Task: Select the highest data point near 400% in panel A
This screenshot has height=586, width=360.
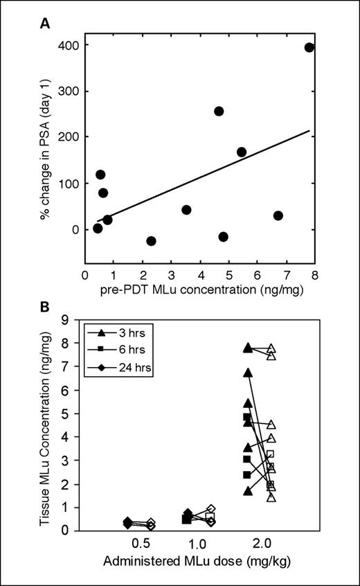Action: [x=309, y=48]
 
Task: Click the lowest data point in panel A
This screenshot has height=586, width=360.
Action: [x=151, y=240]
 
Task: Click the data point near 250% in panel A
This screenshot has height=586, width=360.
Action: [x=219, y=112]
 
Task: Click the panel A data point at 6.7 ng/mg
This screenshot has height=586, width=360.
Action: [x=278, y=215]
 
